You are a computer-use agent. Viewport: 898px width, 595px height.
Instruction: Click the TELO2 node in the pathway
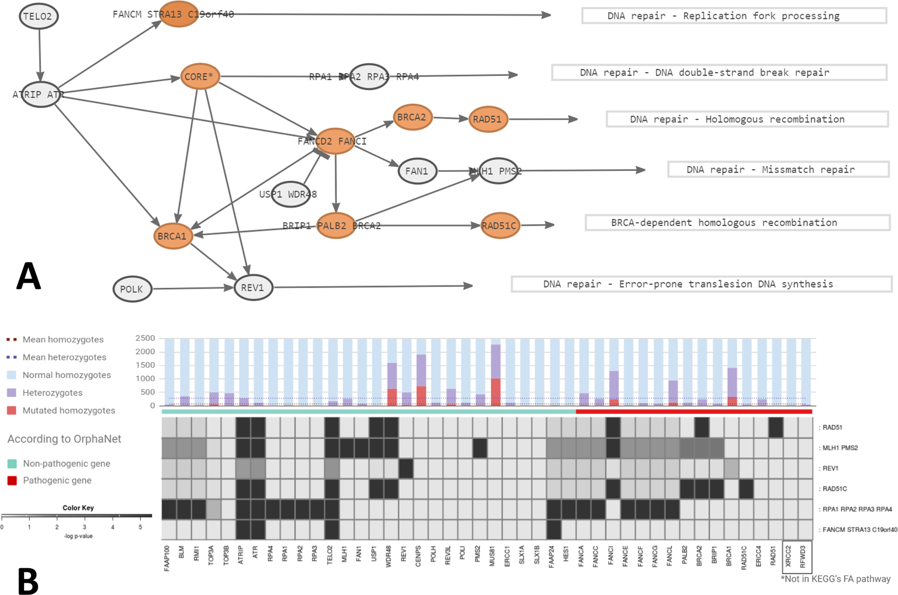[38, 16]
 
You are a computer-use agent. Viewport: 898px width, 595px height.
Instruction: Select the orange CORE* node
[200, 77]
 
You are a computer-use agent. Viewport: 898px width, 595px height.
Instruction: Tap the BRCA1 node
[173, 236]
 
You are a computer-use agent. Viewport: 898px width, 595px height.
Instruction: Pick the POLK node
[132, 289]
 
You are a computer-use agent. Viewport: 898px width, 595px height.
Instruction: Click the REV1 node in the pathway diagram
[253, 288]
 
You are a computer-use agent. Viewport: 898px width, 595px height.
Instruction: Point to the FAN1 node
[417, 171]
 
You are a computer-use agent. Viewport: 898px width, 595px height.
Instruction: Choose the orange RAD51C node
[499, 226]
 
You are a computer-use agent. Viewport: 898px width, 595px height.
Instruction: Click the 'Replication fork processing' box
[734, 16]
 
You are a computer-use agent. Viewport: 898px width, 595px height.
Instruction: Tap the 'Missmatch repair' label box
[778, 170]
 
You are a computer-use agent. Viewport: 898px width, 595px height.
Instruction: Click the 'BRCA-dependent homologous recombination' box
[737, 223]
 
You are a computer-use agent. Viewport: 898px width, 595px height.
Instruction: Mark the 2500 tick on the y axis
[145, 338]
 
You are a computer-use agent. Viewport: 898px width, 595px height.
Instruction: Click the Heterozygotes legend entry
[52, 393]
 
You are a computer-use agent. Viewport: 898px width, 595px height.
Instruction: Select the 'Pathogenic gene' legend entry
[57, 481]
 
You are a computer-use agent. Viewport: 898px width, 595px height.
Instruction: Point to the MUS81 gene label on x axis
[492, 555]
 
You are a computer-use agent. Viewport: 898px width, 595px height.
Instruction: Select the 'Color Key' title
[78, 508]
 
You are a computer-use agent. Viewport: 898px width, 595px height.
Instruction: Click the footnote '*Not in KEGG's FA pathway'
[835, 579]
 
